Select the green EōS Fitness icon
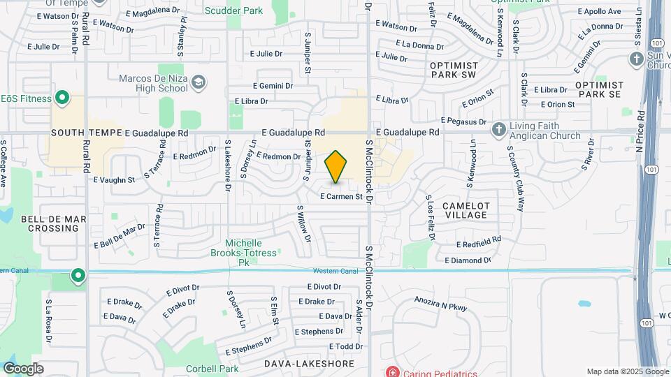61,98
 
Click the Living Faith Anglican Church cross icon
498,129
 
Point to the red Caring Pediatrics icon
392,370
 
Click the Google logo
23,369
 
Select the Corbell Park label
212,369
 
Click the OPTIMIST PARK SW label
453,70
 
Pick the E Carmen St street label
342,197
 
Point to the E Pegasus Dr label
464,121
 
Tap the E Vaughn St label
114,180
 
